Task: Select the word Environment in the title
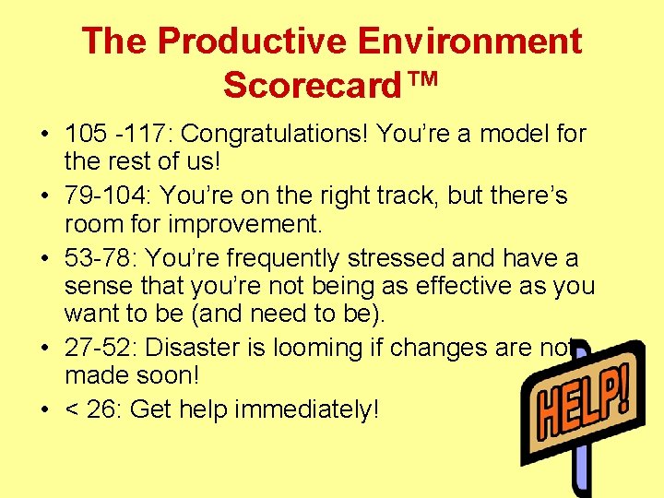(x=469, y=41)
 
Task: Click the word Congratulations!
(x=274, y=135)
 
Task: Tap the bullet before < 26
(x=44, y=409)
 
